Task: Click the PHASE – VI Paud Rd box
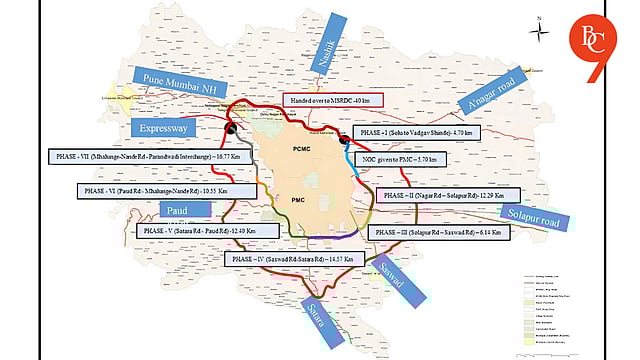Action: point(162,190)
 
